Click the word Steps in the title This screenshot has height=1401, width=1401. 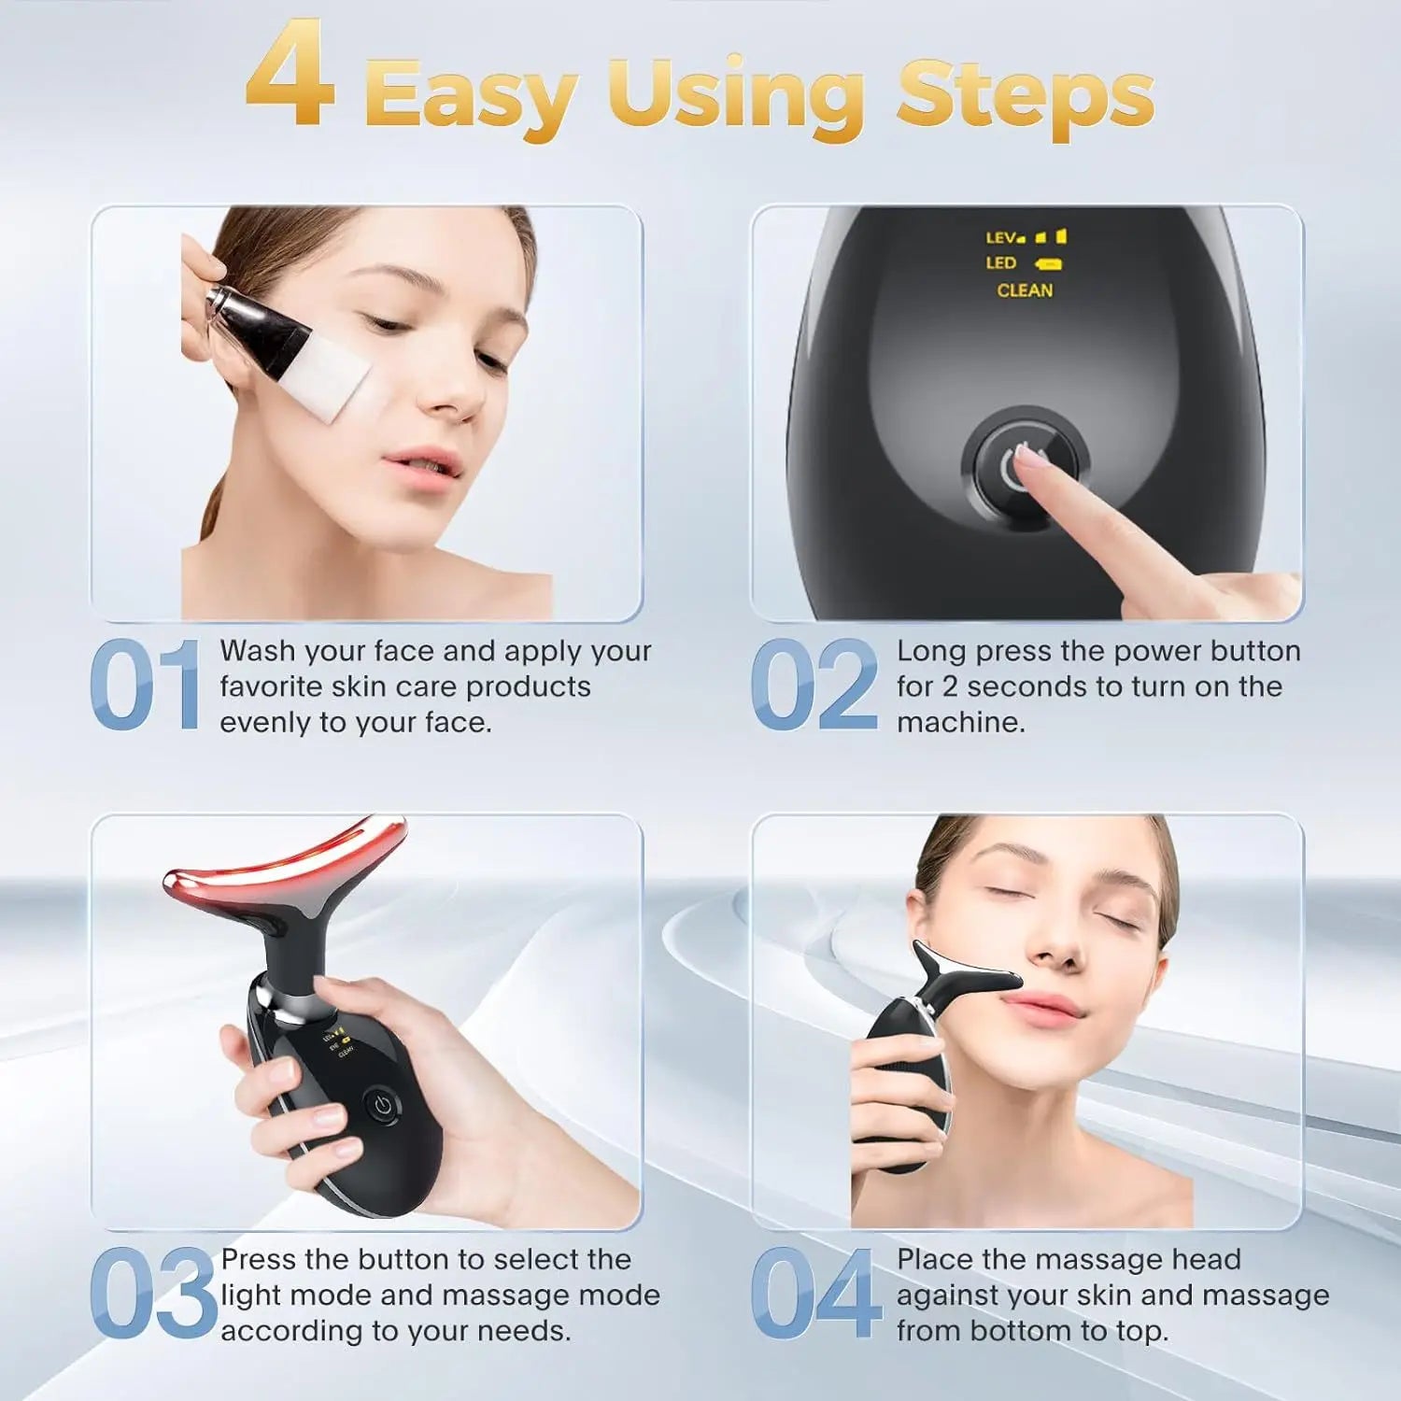[x=1025, y=95]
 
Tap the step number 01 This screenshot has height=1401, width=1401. [x=146, y=685]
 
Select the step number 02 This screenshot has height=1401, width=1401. [x=814, y=685]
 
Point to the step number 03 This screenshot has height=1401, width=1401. [x=153, y=1294]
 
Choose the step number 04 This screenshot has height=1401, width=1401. [x=815, y=1294]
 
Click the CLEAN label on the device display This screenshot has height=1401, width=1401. [x=1025, y=290]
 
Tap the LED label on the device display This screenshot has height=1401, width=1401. [x=1000, y=263]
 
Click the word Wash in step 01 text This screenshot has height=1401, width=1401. [x=257, y=651]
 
